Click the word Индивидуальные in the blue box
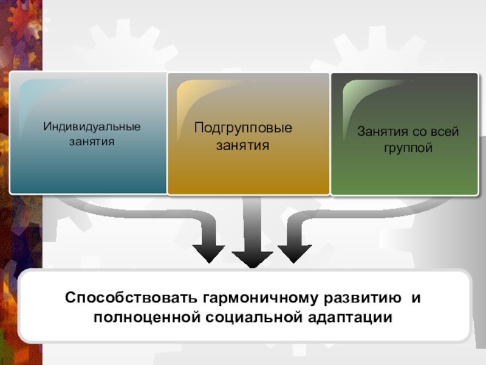coord(92,127)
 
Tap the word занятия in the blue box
coord(92,141)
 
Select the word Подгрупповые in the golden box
coord(243,128)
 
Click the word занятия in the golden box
coord(243,145)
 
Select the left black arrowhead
coord(208,254)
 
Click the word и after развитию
coord(416,299)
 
